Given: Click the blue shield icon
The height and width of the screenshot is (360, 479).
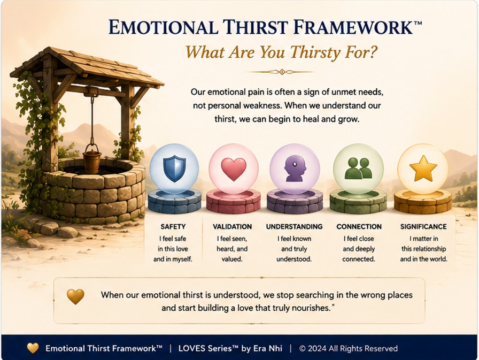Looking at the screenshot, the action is pos(174,168).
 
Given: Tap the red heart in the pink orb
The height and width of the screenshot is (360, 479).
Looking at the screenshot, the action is pos(234,169).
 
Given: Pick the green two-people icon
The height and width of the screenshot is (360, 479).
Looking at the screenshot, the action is pos(358,168).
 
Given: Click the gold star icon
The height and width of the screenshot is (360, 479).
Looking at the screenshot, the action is pos(423,168).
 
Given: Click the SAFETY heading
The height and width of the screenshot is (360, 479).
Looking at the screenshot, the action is pos(173,226).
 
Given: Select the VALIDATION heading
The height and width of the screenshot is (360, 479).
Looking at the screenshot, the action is pos(232,226).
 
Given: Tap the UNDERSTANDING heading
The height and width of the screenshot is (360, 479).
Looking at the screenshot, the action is pos(294,226).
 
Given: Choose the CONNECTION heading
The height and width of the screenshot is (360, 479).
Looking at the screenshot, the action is pos(359,226).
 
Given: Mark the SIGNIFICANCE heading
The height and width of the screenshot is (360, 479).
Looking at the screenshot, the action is pos(423,226).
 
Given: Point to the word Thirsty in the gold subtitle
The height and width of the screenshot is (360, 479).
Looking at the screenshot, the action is pos(311,52).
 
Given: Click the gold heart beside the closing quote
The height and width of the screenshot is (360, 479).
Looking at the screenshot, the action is pos(75,296).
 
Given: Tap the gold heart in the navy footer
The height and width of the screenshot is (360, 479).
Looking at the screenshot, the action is pos(33,348).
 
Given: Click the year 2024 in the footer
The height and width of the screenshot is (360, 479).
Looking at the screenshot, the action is pos(317,348).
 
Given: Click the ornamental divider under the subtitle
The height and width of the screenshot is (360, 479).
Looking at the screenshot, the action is pos(280,72).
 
